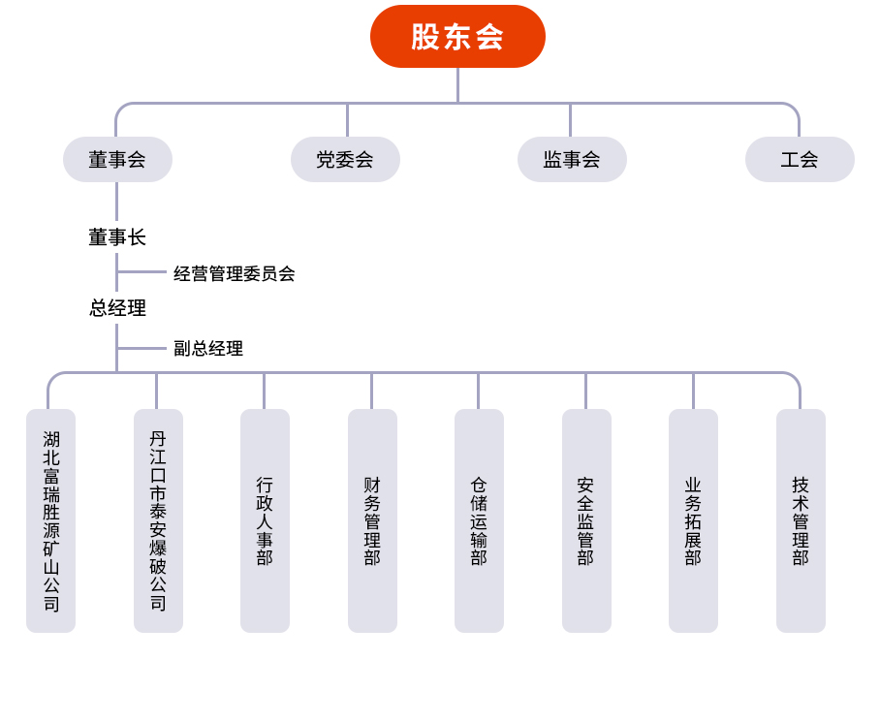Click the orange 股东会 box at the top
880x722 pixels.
point(457,37)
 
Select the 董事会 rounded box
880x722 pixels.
point(117,160)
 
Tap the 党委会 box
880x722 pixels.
point(345,160)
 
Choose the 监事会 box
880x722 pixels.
point(572,160)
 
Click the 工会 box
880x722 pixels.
point(800,160)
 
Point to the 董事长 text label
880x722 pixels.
point(117,237)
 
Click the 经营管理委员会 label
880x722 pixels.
point(234,274)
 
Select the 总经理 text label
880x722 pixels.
point(117,308)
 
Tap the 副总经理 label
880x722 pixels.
point(208,349)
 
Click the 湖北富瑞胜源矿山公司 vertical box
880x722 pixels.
point(50,521)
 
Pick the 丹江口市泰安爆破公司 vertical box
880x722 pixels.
point(158,521)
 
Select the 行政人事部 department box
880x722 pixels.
point(265,521)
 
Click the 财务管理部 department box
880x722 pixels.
point(372,521)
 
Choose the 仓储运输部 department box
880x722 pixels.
point(479,521)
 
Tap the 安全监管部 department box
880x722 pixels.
point(586,521)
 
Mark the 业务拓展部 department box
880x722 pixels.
point(693,521)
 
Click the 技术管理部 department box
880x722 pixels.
point(801,521)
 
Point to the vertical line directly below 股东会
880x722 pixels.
point(457,85)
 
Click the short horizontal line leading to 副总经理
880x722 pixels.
point(141,348)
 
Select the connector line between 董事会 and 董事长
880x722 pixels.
point(117,201)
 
